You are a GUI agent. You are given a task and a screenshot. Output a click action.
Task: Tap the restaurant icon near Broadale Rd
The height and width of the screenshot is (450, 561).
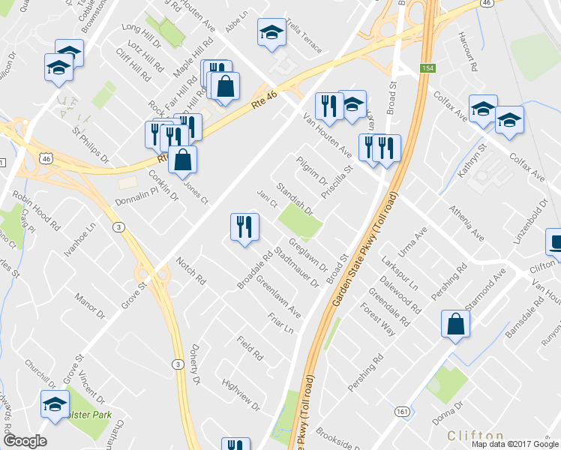pos(244,227)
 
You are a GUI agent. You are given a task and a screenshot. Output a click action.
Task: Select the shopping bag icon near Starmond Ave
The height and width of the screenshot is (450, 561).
pos(455,325)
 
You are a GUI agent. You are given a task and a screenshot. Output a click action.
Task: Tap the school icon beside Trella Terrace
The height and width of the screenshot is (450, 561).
pos(270,33)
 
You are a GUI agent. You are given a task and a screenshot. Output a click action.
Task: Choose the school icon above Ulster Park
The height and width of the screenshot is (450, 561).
pos(54,405)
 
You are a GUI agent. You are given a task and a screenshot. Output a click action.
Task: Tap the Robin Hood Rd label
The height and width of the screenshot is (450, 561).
pos(36,211)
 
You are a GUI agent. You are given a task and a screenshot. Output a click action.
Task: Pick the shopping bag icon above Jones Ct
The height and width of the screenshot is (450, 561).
pos(182,160)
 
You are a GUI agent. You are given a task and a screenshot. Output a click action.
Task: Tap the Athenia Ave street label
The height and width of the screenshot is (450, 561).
pos(466,223)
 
